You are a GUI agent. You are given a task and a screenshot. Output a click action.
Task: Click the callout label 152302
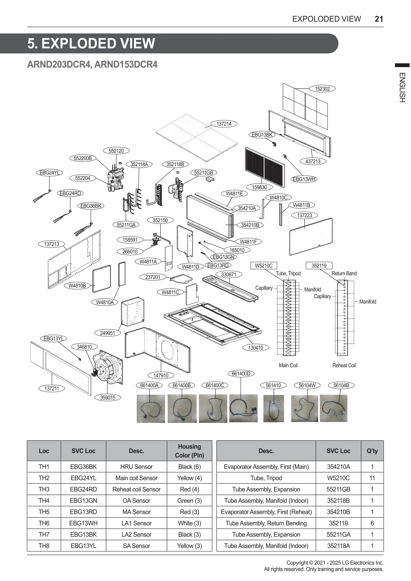pyautogui.click(x=322, y=89)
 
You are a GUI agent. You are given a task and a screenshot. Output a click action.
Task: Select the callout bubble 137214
pyautogui.click(x=224, y=124)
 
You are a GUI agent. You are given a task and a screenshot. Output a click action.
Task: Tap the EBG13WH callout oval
pyautogui.click(x=304, y=179)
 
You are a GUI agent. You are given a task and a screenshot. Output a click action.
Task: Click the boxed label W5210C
pyautogui.click(x=263, y=266)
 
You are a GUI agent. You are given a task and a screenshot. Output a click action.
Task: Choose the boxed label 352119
pyautogui.click(x=319, y=266)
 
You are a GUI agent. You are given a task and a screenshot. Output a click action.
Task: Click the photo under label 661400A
pyautogui.click(x=151, y=408)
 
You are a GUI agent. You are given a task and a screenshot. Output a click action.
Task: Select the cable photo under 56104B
pyautogui.click(x=333, y=408)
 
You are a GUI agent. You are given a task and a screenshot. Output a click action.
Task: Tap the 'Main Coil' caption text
pyautogui.click(x=288, y=365)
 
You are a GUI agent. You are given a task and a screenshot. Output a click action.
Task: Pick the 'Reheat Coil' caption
pyautogui.click(x=344, y=365)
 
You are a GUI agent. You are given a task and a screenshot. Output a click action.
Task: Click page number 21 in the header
pyautogui.click(x=379, y=19)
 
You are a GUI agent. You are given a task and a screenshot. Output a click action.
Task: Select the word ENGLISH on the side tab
pyautogui.click(x=402, y=88)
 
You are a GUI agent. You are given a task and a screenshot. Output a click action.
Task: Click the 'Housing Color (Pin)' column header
pyautogui.click(x=189, y=451)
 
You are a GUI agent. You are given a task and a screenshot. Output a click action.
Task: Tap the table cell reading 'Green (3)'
pyautogui.click(x=189, y=501)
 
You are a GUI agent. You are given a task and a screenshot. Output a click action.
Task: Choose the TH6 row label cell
pyautogui.click(x=44, y=523)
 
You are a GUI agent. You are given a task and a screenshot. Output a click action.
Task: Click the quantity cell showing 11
pyautogui.click(x=372, y=478)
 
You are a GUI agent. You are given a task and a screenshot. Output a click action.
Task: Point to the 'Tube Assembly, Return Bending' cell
pyautogui.click(x=266, y=523)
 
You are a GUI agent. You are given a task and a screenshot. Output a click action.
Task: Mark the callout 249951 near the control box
pyautogui.click(x=107, y=333)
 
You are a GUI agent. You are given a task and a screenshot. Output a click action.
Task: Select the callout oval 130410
pyautogui.click(x=255, y=348)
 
